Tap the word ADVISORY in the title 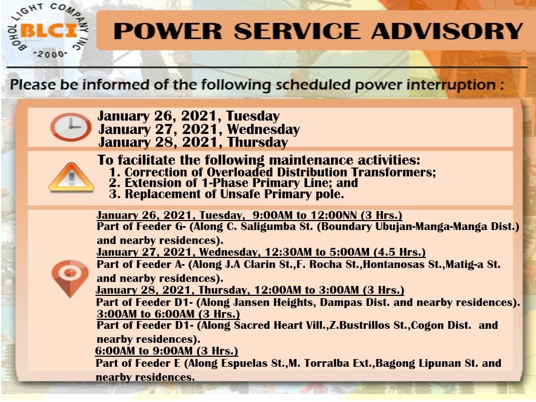[447, 31]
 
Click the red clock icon [71, 127]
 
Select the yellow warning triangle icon [71, 177]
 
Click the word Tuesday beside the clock [252, 116]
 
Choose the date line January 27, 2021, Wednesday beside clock [199, 130]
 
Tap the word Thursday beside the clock [258, 142]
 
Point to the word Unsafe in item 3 [240, 194]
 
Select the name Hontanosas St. [402, 265]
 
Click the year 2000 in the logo [50, 54]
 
